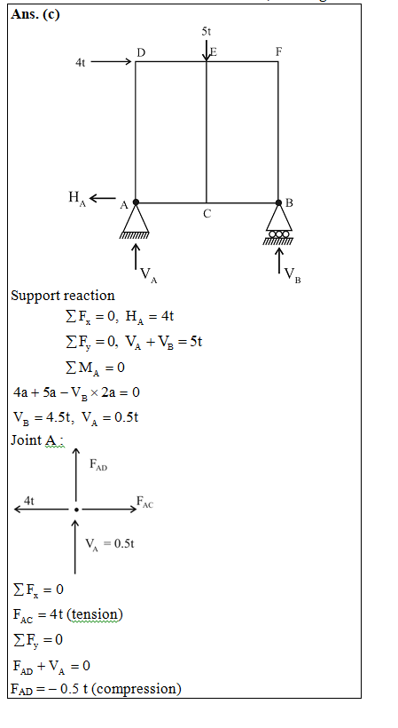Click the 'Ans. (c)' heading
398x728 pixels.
pos(35,14)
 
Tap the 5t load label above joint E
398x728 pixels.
pos(207,32)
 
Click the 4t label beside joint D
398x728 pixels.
pos(80,62)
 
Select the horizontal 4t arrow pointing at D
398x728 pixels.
pos(111,62)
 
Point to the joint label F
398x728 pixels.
pos(278,51)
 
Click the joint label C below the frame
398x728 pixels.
pos(207,214)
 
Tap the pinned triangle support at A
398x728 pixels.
pos(136,220)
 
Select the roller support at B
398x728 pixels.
pos(278,222)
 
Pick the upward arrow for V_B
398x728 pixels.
pos(279,261)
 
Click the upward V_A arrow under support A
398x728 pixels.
pos(136,257)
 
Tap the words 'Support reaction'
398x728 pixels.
pos(63,296)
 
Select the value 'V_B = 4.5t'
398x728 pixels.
pos(43,417)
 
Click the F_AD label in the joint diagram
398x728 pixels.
pos(98,464)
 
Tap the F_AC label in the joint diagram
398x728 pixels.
pos(144,502)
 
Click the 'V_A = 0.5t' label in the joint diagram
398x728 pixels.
pos(110,544)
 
